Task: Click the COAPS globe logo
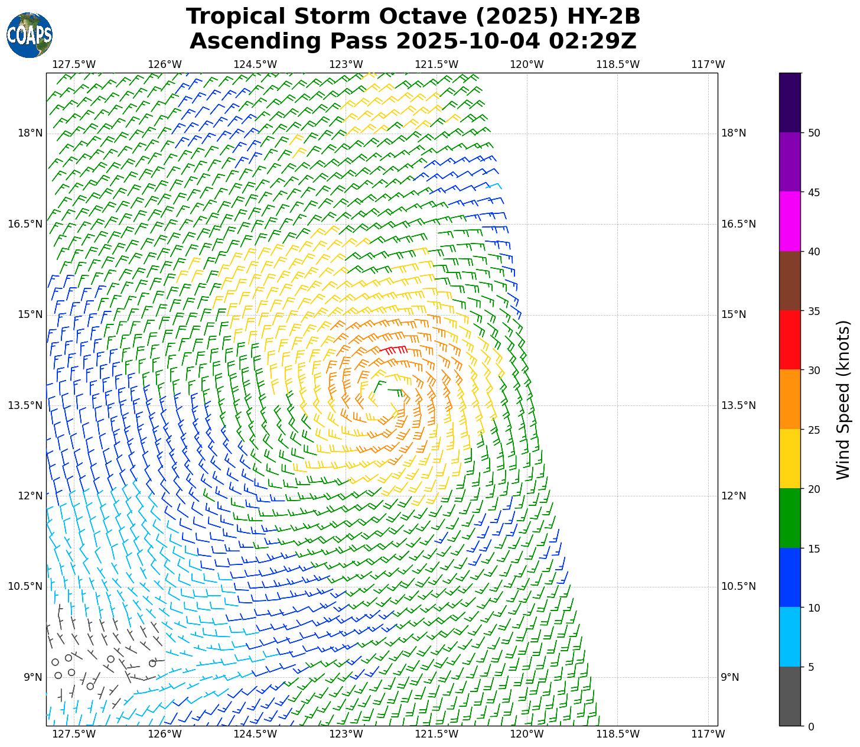coord(30,35)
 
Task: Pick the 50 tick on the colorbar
coord(814,133)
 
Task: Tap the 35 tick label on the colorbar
coord(814,311)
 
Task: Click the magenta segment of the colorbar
coord(790,222)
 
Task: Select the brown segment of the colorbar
coord(790,281)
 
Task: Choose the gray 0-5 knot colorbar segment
coord(790,696)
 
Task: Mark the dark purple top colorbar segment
coord(790,102)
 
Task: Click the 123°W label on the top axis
coord(346,64)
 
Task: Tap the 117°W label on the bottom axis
coord(708,734)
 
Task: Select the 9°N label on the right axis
coord(730,677)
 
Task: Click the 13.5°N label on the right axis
coord(738,405)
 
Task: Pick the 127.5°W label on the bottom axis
coord(74,734)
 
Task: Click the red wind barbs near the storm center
coord(393,350)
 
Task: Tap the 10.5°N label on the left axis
coord(25,586)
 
